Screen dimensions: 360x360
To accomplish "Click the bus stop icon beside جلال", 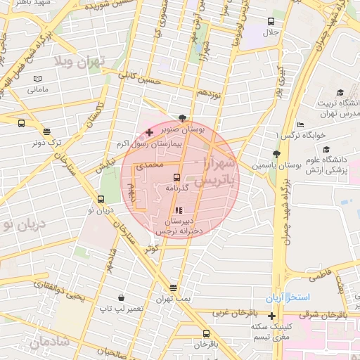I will point(271,21).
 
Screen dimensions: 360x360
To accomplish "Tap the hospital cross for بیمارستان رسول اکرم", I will point(149,132).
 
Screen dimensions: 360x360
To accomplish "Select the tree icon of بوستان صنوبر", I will point(183,118).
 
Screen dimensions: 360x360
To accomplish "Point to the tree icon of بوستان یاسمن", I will point(276,154).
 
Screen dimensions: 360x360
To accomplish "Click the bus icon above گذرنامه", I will point(176,177).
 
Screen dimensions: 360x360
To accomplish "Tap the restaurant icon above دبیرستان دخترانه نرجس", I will point(178,210).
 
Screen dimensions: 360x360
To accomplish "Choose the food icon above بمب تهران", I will point(173,288).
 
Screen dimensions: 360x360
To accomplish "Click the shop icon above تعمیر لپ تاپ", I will point(122,297).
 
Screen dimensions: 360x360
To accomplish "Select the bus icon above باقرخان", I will point(206,333).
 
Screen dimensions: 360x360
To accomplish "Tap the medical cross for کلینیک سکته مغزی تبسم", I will point(272,316).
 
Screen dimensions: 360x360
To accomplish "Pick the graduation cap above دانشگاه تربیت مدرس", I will point(340,92).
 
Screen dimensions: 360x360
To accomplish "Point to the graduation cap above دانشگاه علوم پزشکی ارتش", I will point(326,148).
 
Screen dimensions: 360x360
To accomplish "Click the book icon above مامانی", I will point(37,79).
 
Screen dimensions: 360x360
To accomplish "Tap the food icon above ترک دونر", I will point(46,131).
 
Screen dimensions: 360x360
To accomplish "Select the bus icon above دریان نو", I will point(101,199).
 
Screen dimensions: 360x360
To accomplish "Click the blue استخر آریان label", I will point(287,297).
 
